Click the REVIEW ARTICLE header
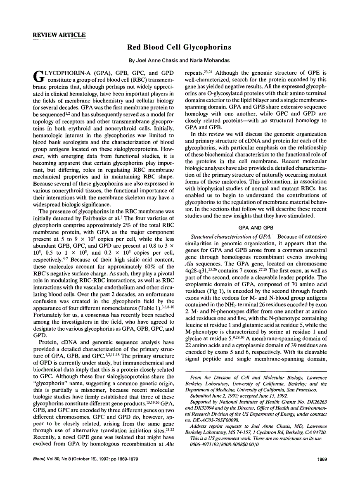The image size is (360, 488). (x=59, y=35)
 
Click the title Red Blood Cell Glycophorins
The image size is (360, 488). (x=180, y=48)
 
